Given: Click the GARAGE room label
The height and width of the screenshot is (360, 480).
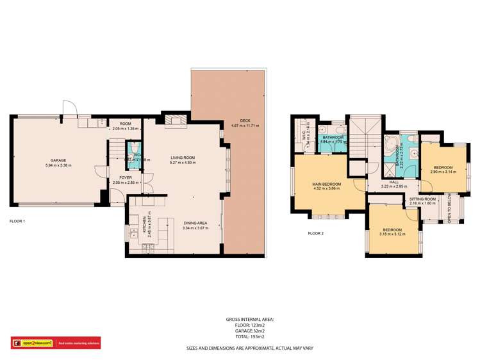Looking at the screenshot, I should click(58, 160).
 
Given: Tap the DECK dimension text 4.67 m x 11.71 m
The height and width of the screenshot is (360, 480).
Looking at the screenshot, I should click(245, 126).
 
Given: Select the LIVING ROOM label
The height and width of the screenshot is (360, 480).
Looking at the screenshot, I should click(182, 157).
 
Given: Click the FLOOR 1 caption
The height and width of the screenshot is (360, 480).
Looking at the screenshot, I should click(17, 220).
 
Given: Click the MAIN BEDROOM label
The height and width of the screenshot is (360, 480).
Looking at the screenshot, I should click(327, 184).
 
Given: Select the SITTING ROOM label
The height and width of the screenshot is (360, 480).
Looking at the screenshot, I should click(422, 199).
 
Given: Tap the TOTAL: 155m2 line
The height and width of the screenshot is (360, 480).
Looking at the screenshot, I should click(249, 336).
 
